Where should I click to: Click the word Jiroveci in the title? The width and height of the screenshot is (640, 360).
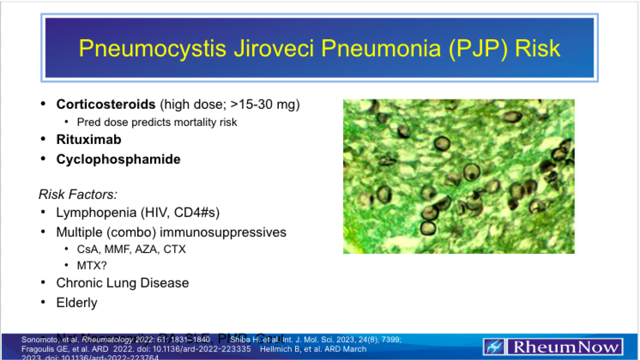pos(274,48)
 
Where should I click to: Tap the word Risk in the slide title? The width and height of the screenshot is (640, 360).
pos(537,48)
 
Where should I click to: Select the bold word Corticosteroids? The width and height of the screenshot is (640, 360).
pos(106,104)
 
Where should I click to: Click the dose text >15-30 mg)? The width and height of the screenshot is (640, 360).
pos(265,104)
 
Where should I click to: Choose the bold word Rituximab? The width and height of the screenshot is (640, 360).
pos(88,140)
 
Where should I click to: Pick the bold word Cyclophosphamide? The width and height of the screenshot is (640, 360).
pos(118,159)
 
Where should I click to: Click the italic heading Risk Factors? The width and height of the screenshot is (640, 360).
pos(78,194)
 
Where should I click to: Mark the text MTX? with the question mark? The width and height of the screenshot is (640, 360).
pos(92,266)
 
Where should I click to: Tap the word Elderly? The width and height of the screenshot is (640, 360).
pos(76,303)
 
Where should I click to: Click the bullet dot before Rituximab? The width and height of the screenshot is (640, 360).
pos(43,139)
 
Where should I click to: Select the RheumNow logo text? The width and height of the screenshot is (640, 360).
pos(565,347)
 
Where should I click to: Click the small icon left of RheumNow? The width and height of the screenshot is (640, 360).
pos(494,347)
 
